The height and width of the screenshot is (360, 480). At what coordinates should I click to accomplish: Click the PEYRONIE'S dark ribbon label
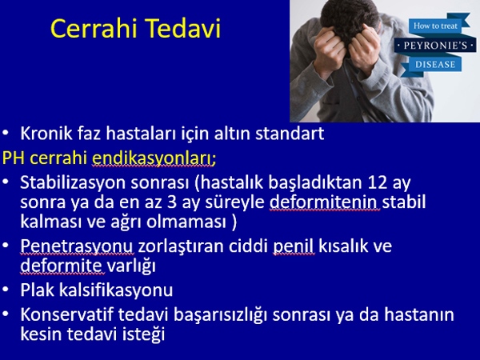point(435,46)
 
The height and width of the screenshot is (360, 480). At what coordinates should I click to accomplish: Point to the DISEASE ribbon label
point(435,65)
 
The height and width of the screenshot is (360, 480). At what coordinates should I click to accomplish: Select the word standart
point(290,134)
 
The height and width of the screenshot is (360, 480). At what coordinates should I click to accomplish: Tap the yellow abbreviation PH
point(14,158)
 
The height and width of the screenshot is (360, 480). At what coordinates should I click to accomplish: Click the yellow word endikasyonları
point(154,158)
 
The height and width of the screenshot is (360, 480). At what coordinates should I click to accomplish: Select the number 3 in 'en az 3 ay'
point(172,202)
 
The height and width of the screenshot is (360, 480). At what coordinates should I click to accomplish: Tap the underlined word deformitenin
point(325,202)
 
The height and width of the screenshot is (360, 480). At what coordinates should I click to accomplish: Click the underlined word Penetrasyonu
point(77,246)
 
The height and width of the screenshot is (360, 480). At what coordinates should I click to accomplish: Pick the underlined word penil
point(294,246)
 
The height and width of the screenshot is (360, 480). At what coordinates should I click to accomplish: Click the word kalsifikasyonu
point(116,290)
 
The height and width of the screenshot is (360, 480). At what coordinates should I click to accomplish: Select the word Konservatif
point(66,314)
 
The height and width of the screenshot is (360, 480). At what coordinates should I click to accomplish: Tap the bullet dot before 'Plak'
point(6,290)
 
